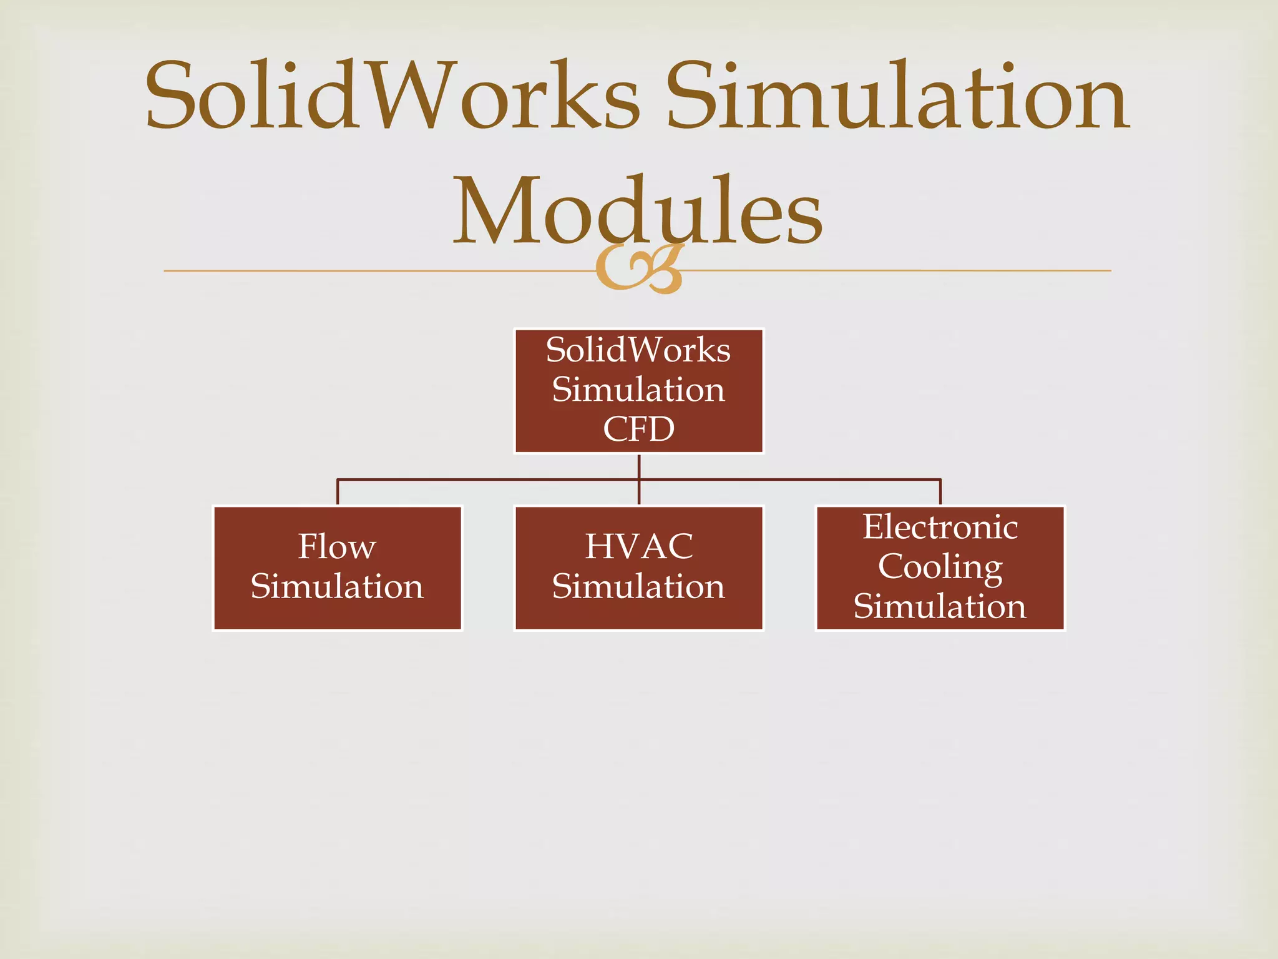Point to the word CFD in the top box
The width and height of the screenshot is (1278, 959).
click(638, 429)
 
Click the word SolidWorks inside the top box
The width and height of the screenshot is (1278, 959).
click(638, 350)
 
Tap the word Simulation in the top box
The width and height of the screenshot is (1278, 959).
click(638, 390)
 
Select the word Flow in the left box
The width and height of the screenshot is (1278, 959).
click(337, 546)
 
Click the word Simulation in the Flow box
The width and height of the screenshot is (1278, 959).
click(337, 586)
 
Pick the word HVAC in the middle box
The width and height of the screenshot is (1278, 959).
click(638, 546)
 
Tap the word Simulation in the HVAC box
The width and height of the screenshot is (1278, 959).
click(638, 586)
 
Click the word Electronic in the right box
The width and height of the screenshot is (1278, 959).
click(940, 527)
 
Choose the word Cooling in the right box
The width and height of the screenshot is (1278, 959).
click(940, 567)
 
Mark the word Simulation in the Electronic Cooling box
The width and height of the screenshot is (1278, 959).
click(940, 606)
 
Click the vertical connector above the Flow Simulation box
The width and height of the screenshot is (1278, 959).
click(338, 492)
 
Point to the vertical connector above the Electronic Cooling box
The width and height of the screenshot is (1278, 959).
click(940, 492)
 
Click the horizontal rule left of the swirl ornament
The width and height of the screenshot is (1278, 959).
click(374, 271)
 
